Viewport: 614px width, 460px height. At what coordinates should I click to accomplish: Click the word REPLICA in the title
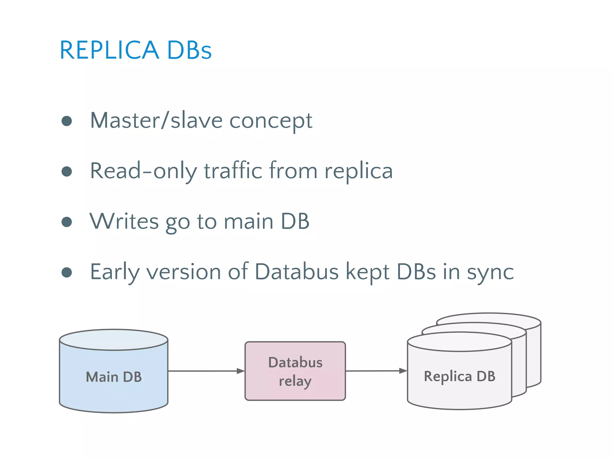[109, 50]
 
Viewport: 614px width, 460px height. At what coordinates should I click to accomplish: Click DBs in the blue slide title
[189, 50]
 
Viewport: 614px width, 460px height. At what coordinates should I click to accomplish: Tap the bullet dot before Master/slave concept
[67, 121]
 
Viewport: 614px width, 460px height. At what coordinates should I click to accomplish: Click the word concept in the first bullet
[271, 121]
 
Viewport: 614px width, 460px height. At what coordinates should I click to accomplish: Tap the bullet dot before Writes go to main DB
[67, 222]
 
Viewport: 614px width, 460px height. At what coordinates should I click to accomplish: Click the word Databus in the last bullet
[297, 272]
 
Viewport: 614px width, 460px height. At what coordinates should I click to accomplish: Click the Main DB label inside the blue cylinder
[114, 377]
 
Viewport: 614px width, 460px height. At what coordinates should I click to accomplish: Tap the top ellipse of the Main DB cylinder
[114, 340]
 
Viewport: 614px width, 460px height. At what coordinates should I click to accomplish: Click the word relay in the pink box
[295, 381]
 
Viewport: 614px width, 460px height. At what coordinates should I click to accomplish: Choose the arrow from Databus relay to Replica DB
[376, 371]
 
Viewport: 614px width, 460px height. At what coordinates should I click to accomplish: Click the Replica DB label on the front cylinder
[459, 376]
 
